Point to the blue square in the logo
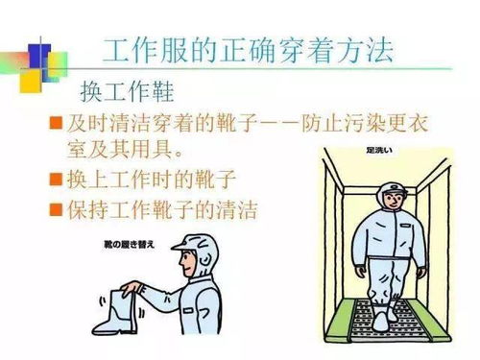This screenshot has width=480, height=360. click(x=36, y=53)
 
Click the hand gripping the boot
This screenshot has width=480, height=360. click(x=134, y=288)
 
